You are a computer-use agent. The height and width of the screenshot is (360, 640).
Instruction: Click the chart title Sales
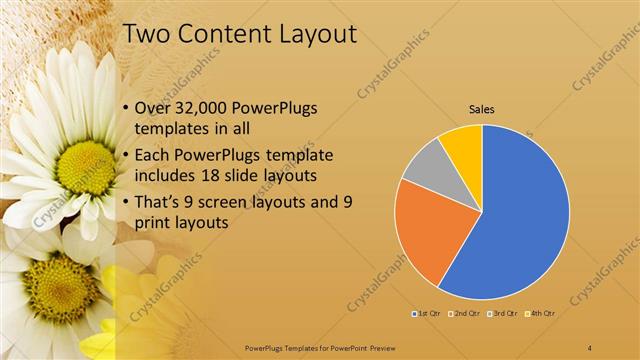[x=482, y=110]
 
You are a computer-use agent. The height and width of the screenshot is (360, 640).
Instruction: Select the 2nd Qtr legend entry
[x=465, y=313]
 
